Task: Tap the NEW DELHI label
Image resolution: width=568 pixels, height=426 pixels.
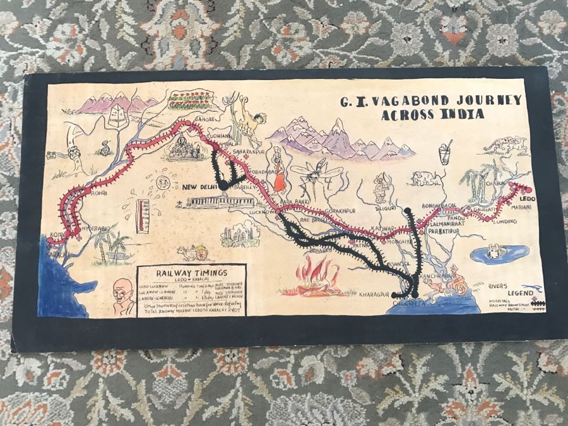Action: point(200,187)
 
